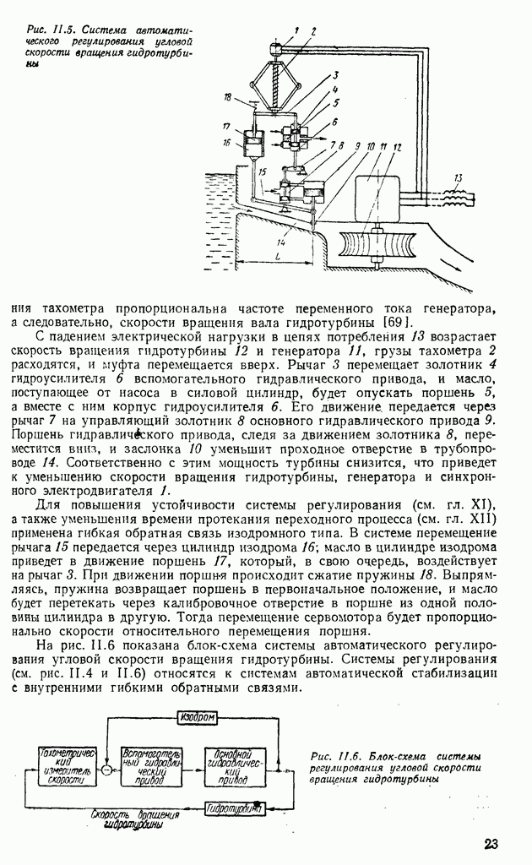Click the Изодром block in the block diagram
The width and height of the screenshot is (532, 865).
198,717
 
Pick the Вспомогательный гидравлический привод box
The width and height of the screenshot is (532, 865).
151,767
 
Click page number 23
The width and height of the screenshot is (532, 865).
494,844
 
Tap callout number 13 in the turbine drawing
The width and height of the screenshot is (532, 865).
457,177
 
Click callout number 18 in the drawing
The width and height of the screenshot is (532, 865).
227,98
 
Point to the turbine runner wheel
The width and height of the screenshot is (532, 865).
377,251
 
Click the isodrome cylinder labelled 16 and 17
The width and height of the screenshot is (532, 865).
251,144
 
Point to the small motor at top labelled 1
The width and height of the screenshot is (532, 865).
276,51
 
